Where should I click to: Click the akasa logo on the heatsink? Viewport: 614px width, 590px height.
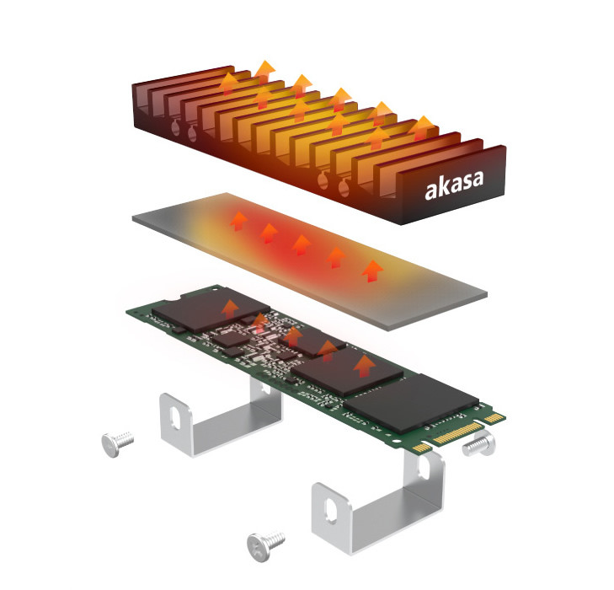tap(454, 185)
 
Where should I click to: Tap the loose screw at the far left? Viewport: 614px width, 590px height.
tap(117, 443)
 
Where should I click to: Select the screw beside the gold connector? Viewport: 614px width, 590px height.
tap(479, 444)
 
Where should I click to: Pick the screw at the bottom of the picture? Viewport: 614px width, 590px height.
tap(265, 545)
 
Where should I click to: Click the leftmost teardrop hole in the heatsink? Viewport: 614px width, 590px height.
tap(175, 127)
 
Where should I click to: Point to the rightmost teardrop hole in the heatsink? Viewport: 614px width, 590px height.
tap(344, 187)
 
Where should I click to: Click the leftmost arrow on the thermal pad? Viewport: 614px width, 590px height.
tap(238, 221)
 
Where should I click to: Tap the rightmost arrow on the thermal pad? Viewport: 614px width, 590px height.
tap(372, 271)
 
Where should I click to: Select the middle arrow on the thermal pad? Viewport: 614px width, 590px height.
tap(302, 245)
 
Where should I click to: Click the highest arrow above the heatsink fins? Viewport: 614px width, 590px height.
tap(265, 72)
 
